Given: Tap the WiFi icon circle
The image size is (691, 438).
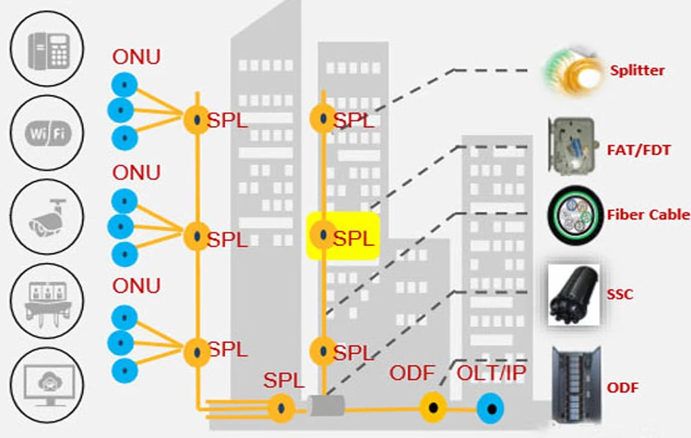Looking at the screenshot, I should tap(49, 132).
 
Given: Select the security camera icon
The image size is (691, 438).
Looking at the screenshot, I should tap(49, 217).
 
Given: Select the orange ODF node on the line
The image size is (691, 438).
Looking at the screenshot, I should tap(432, 409).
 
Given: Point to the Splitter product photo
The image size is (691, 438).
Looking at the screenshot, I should tap(573, 71).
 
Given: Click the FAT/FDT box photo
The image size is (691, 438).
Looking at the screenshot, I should tap(573, 145).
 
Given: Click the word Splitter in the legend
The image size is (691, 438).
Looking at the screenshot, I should tap(637, 71).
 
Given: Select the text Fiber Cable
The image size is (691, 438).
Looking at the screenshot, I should tap(648, 215).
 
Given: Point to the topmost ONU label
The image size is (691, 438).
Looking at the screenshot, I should tap(136, 57).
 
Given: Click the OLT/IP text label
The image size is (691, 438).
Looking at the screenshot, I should tap(492, 374).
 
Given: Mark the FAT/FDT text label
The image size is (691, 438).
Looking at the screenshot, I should tap(639, 149).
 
